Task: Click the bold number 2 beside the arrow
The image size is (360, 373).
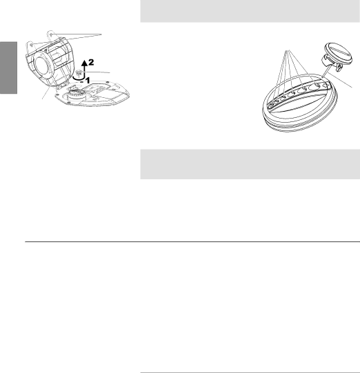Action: tap(91, 62)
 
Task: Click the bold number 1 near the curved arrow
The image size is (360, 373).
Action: tap(88, 81)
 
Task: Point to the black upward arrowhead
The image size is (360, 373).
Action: tap(84, 63)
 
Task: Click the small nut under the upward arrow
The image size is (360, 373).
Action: tap(79, 72)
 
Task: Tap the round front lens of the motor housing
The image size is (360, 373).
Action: tap(42, 63)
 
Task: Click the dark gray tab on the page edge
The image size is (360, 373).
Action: tap(8, 68)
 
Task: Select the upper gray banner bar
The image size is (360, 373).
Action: tap(250, 11)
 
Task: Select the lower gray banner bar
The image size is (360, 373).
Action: tap(250, 164)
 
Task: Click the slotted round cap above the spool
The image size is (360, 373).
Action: tap(339, 53)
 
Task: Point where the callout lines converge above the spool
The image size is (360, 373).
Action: tap(288, 50)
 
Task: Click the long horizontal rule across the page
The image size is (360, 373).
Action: tap(192, 242)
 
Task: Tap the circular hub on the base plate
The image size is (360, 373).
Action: tap(76, 94)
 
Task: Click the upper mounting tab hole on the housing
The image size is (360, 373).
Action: tap(51, 34)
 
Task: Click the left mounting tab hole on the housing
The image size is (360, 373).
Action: tap(32, 45)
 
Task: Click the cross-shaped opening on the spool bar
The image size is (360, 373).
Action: tap(326, 84)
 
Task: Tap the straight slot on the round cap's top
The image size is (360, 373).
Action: tap(340, 52)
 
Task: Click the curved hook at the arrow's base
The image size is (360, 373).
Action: tap(79, 77)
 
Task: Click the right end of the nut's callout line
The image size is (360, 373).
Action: tap(110, 72)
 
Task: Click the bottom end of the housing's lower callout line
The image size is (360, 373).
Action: tap(42, 99)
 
